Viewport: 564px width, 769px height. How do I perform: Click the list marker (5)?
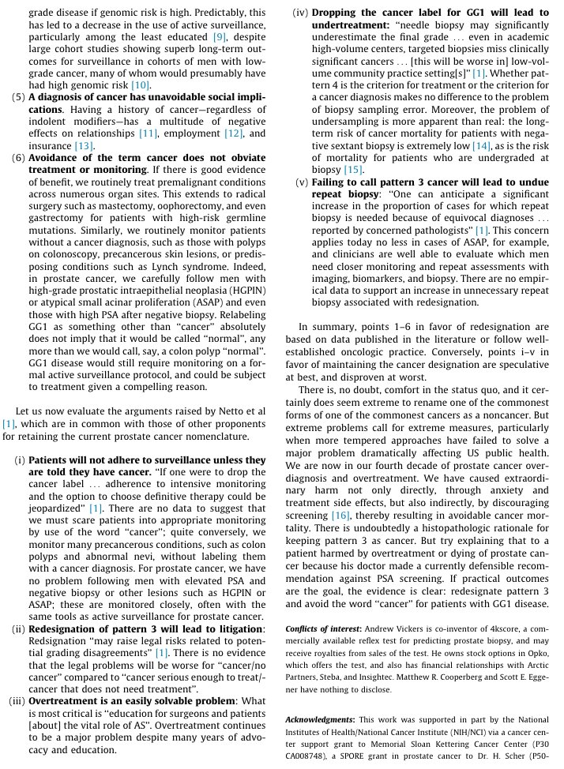17,98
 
